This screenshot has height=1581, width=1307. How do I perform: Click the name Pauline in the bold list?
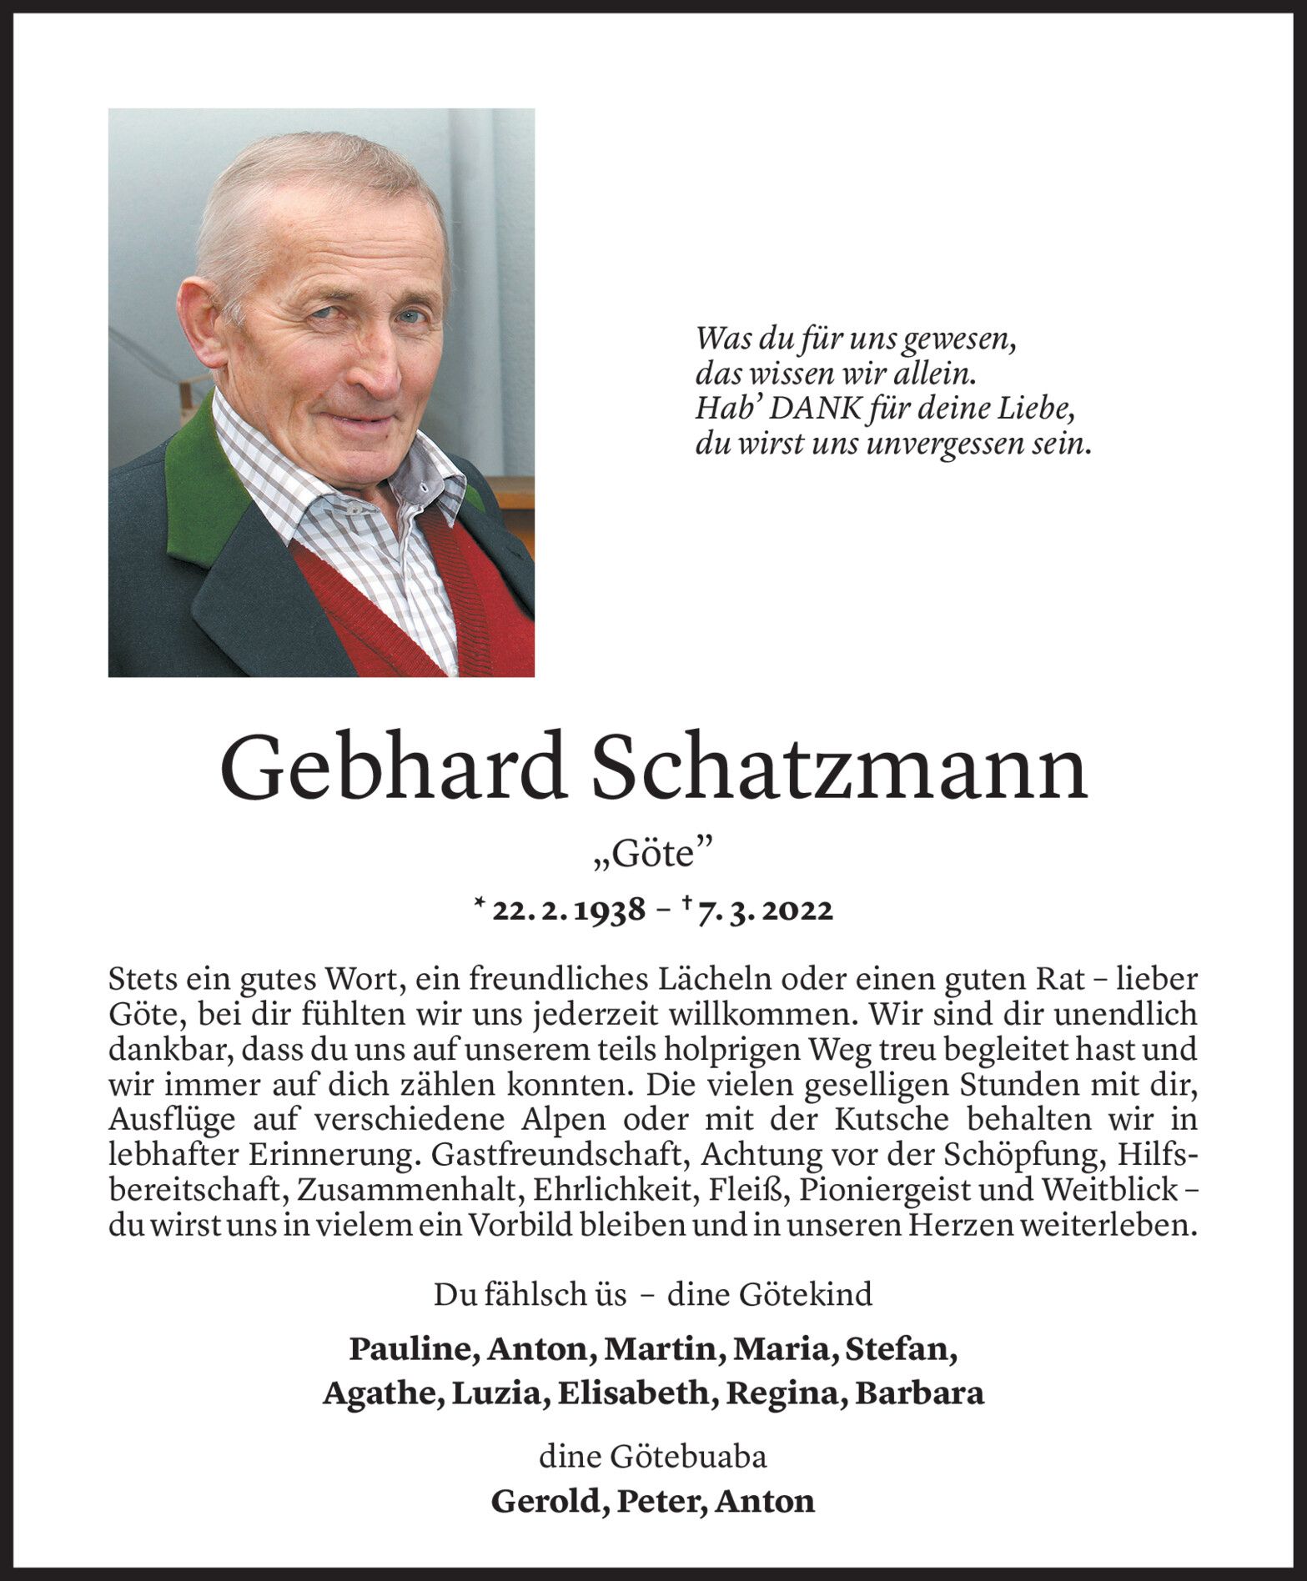coord(412,1348)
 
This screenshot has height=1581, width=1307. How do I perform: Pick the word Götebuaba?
coord(689,1457)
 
